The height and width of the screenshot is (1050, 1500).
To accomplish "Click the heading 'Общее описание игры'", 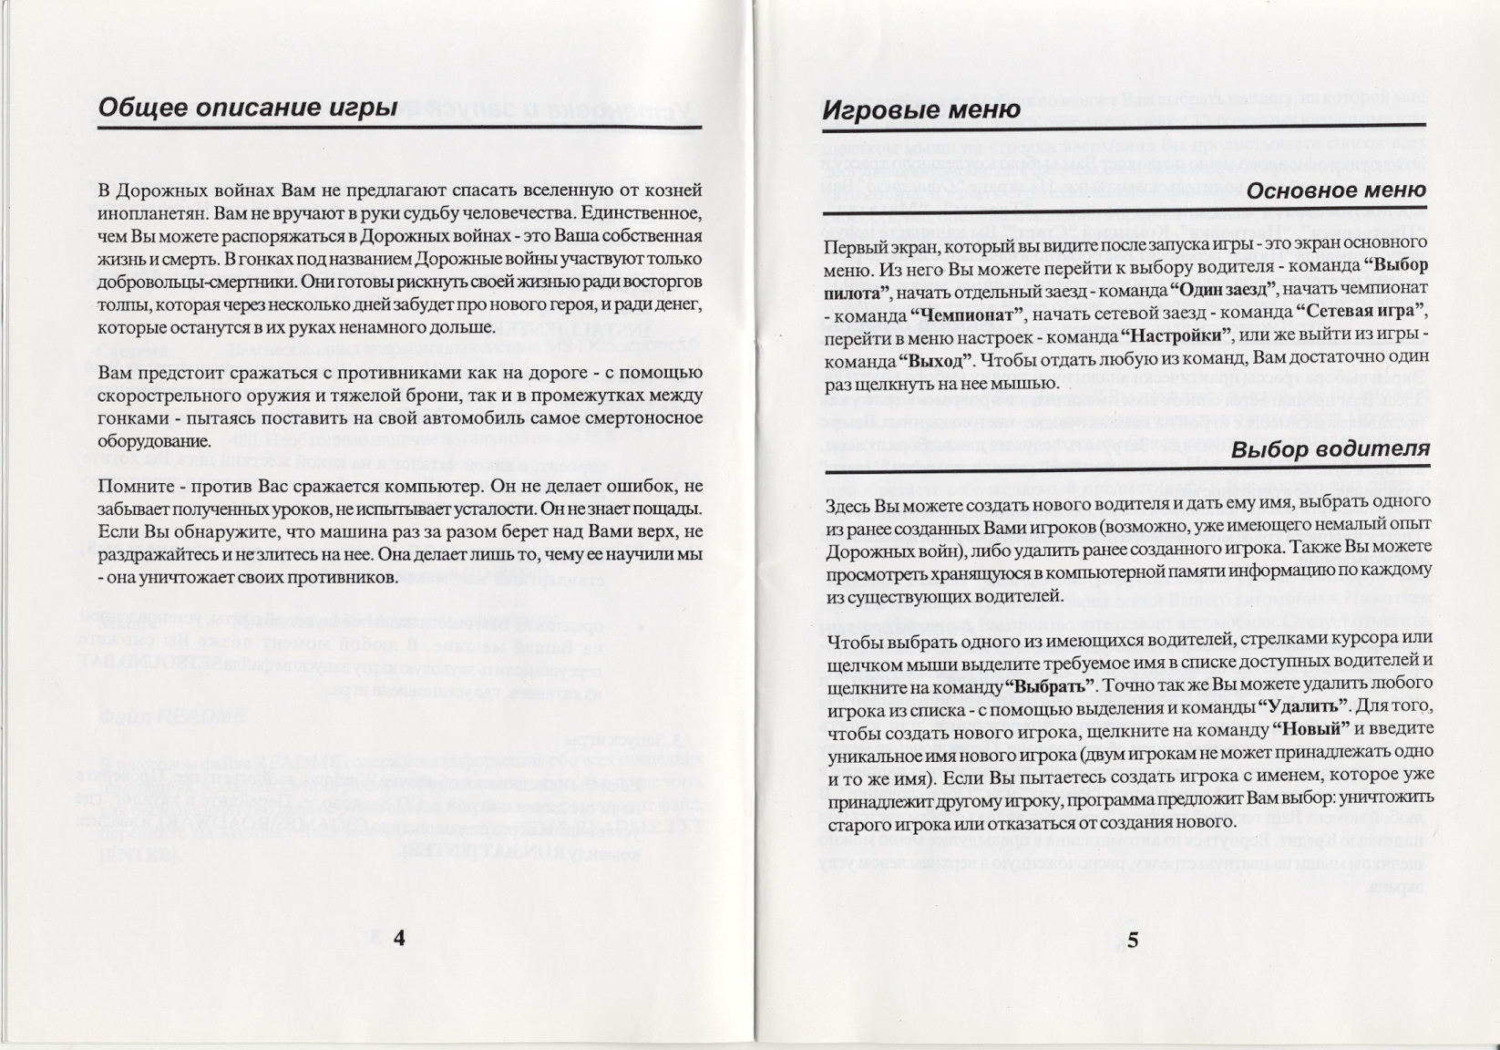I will click(x=247, y=108).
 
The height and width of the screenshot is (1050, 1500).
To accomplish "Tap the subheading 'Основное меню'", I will click(x=1335, y=191).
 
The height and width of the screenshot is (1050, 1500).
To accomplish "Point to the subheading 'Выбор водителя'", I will click(x=1330, y=450).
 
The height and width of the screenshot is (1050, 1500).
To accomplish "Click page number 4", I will click(x=399, y=939).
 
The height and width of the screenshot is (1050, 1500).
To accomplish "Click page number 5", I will click(x=1133, y=941).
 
